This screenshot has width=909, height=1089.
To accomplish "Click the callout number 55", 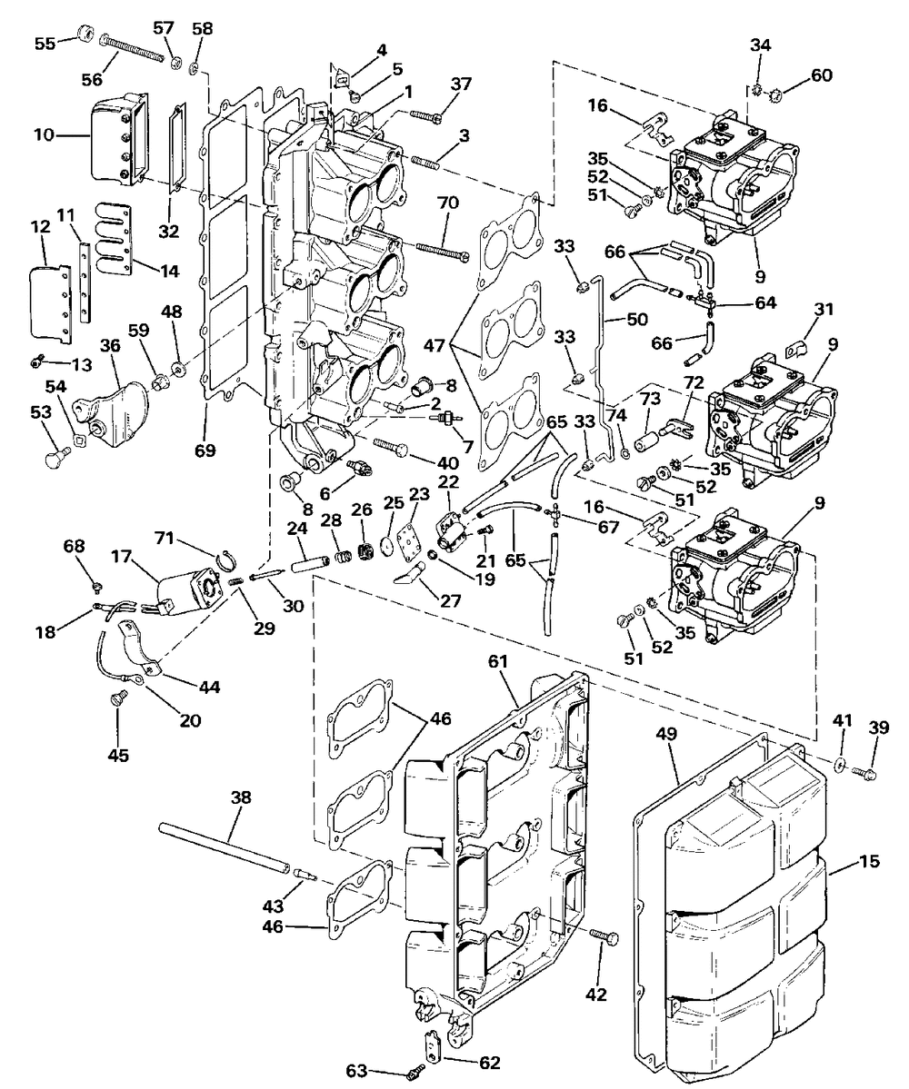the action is (45, 44).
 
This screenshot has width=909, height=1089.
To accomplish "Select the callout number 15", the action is (869, 861).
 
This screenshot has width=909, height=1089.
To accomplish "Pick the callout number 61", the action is (497, 662).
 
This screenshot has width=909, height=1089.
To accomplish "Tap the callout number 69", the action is (205, 450).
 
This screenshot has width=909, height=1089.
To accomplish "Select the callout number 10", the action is (44, 134).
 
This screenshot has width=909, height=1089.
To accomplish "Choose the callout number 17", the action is (123, 556).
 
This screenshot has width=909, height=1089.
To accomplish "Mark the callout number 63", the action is (356, 1072).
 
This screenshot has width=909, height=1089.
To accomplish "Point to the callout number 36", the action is (110, 345).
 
